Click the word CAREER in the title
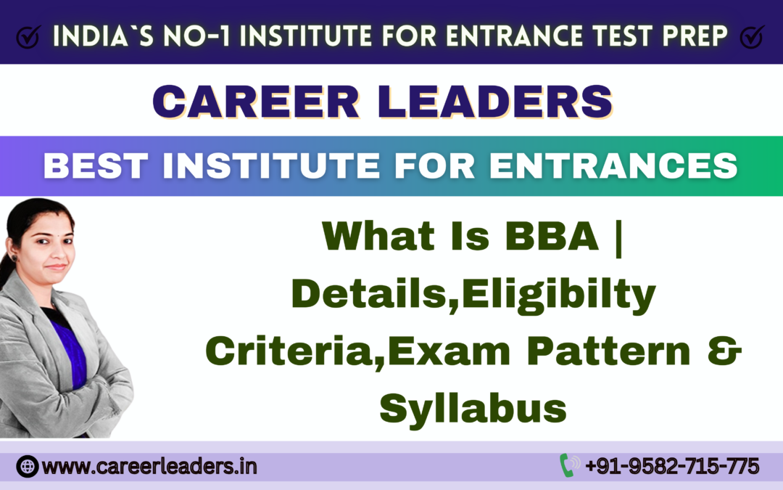pyautogui.click(x=255, y=101)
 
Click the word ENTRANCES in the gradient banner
pyautogui.click(x=613, y=166)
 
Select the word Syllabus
pyautogui.click(x=473, y=409)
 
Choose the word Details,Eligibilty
pyautogui.click(x=473, y=294)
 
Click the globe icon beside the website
pyautogui.click(x=28, y=466)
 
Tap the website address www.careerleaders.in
pyautogui.click(x=149, y=466)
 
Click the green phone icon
pyautogui.click(x=568, y=465)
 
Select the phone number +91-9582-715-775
pyautogui.click(x=671, y=465)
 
